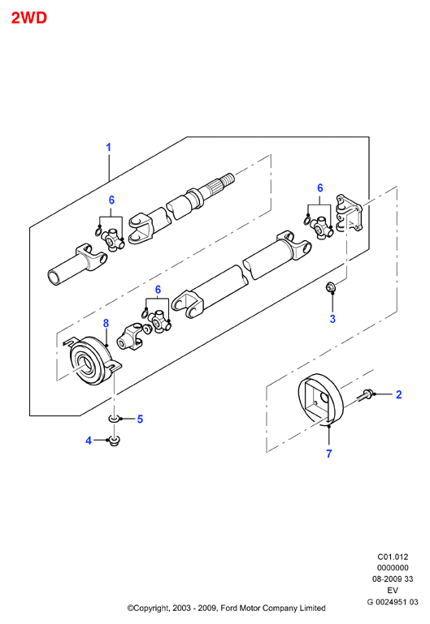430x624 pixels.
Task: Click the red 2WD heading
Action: [29, 18]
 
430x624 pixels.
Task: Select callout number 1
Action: [108, 147]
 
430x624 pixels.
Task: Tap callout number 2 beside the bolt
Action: [399, 394]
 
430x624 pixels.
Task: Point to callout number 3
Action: [332, 319]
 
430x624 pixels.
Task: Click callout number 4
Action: [89, 441]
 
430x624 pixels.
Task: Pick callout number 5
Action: [140, 419]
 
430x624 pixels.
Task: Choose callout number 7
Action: [328, 454]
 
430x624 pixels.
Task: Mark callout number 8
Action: [106, 323]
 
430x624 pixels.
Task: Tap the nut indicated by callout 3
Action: [330, 286]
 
